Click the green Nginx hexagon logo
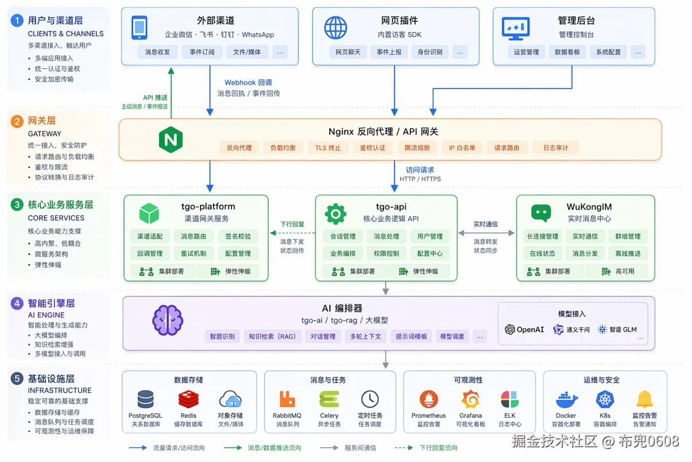click(x=170, y=140)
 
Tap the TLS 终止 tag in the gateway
click(x=328, y=148)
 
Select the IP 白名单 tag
click(x=462, y=148)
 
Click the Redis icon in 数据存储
click(x=188, y=399)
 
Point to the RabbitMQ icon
click(x=287, y=399)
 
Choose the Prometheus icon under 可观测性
click(x=428, y=399)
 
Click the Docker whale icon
click(x=566, y=399)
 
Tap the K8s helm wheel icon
click(x=605, y=399)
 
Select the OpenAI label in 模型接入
click(x=524, y=329)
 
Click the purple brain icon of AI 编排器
click(x=168, y=321)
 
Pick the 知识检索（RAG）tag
click(x=273, y=336)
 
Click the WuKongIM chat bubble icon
click(x=541, y=213)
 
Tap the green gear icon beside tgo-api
click(x=336, y=213)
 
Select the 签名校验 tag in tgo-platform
click(x=238, y=236)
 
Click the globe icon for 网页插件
click(x=336, y=28)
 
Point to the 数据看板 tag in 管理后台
click(x=567, y=52)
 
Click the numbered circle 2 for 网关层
click(x=17, y=121)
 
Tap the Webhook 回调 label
click(x=248, y=82)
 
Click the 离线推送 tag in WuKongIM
click(x=628, y=253)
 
